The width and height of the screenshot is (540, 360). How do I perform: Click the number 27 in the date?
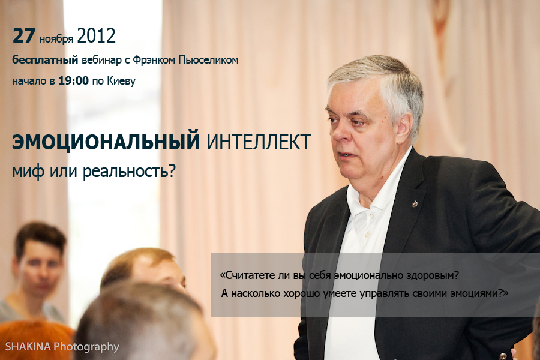[x=24, y=35]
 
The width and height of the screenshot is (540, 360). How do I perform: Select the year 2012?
[x=96, y=35]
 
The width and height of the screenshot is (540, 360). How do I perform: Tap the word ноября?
[x=56, y=38]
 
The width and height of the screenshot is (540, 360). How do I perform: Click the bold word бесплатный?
[x=45, y=59]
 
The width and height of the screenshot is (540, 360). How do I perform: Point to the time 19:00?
[x=73, y=80]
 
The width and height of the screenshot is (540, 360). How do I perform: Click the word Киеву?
[x=121, y=82]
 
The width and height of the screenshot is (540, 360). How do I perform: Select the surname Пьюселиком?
[x=208, y=60]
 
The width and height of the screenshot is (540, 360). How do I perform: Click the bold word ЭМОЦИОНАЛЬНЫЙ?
[x=106, y=142]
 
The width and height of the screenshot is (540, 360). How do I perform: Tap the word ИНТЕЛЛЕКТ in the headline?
[x=259, y=142]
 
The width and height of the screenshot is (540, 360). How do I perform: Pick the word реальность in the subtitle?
[x=129, y=171]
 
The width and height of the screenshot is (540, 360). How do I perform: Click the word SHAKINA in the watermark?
[x=28, y=346]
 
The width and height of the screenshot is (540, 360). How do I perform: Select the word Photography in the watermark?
[x=86, y=347]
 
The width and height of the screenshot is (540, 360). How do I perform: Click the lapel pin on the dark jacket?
[x=415, y=204]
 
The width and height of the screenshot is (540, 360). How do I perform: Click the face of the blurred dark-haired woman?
[x=38, y=267]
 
